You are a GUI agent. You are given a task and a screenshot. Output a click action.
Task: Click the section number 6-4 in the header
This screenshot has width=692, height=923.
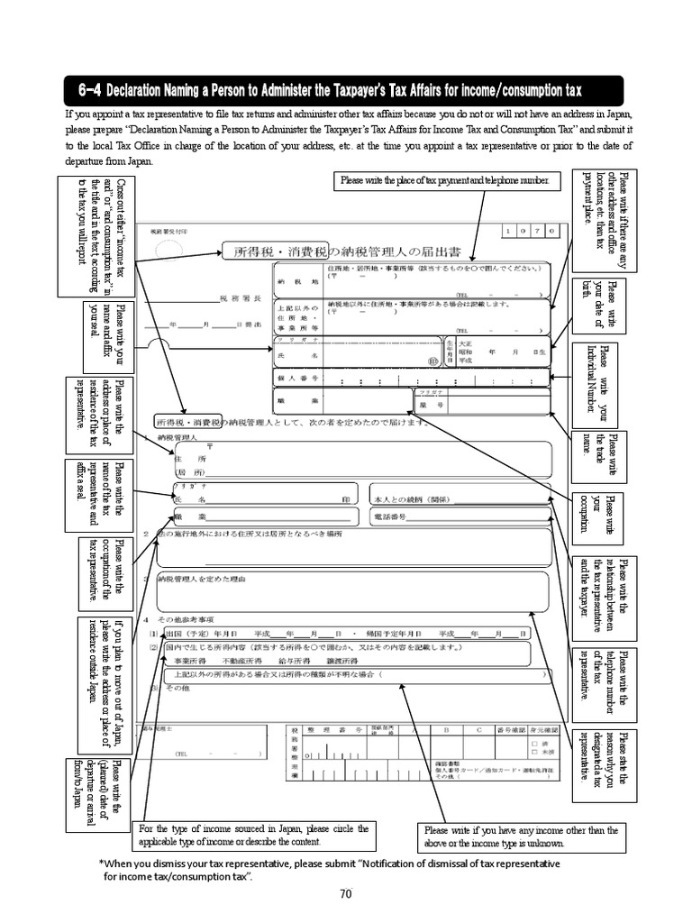pos(89,90)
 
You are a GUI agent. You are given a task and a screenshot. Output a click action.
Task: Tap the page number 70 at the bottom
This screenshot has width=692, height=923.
pos(345,893)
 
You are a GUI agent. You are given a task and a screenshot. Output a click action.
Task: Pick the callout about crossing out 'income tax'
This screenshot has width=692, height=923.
pos(96,236)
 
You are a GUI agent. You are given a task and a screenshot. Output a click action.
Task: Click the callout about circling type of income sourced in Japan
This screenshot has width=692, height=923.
pos(252,836)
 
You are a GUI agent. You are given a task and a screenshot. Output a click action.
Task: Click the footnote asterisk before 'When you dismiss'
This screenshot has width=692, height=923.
pos(101,863)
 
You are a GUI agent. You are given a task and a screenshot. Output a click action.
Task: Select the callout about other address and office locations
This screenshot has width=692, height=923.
pos(605,219)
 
